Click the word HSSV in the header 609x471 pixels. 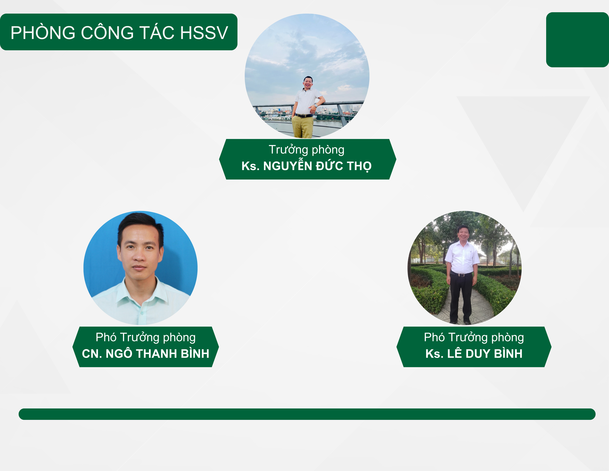tap(204, 33)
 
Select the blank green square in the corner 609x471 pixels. tap(577, 40)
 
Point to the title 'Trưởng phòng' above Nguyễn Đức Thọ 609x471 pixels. tap(306, 150)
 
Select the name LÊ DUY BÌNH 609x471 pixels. tap(485, 354)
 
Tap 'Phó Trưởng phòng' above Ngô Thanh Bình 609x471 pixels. tap(146, 337)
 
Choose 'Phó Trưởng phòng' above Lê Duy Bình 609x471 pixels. tap(474, 337)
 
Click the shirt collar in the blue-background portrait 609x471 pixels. tap(141, 293)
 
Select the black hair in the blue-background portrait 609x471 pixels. tap(140, 226)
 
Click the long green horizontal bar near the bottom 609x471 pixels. tap(307, 414)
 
